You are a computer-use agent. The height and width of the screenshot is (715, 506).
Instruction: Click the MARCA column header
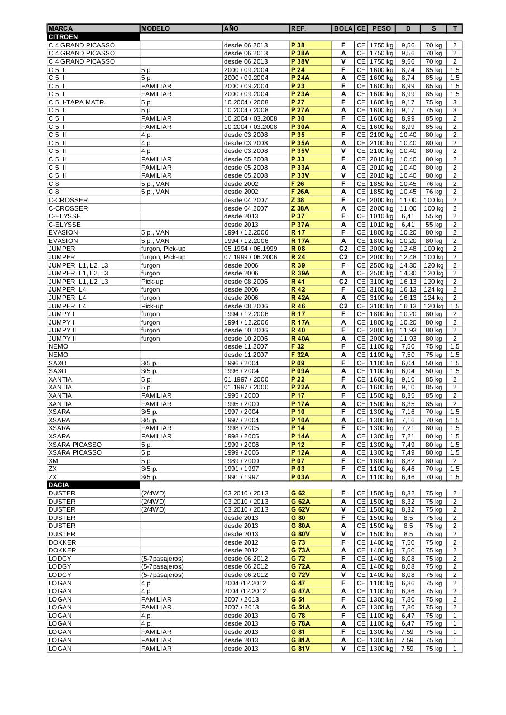point(60,28)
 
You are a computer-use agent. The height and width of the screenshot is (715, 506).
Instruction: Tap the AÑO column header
point(231,28)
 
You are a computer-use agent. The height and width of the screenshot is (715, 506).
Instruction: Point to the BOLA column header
point(343,28)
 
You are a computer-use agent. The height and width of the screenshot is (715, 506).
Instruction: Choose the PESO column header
point(381,28)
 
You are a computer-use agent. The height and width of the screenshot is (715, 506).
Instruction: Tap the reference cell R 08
point(298,249)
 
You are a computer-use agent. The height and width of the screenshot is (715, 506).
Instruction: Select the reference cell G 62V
point(299,509)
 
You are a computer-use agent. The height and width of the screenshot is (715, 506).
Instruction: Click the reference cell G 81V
point(299,649)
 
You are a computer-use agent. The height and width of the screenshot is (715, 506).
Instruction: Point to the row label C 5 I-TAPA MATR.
point(77,102)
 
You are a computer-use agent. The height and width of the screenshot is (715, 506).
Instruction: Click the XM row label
point(53,461)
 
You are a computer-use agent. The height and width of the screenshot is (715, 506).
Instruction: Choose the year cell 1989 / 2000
point(242,461)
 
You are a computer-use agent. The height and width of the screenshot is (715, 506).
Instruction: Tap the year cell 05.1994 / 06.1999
point(250,249)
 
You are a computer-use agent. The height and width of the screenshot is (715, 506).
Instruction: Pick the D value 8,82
point(408,461)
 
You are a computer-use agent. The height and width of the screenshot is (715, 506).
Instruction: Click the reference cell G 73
point(298,542)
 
